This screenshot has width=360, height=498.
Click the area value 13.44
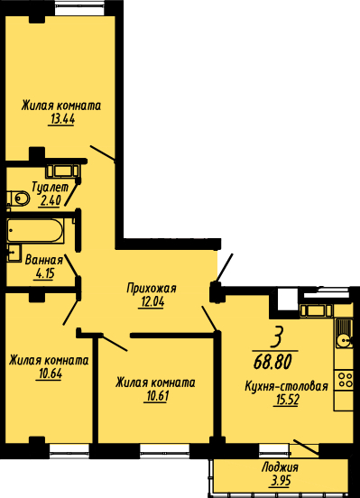coord(62,119)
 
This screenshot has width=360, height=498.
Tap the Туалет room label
coord(51,188)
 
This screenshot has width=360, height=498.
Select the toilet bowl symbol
coord(18,198)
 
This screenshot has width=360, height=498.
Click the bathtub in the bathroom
coord(35,231)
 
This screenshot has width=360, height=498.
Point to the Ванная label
coord(44,260)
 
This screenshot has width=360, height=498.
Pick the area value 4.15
coord(44,273)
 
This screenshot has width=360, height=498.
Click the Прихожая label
coord(152,289)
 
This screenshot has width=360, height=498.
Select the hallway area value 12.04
coord(152,302)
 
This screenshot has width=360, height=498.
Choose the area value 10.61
coord(156,396)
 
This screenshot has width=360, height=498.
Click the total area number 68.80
coord(272,362)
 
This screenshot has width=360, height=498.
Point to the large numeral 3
coord(276,338)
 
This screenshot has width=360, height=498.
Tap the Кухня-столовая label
coord(286,386)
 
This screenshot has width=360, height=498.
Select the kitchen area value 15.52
coord(286,401)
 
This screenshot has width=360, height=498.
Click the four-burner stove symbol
coord(344,381)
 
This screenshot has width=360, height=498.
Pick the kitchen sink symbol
coord(344,333)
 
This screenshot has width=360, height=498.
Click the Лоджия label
coord(280,467)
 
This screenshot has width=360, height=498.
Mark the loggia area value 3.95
coord(281,481)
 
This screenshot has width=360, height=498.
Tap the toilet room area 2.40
coord(49,200)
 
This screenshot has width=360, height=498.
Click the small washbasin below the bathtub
coord(14,254)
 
